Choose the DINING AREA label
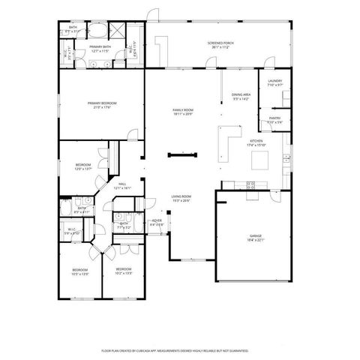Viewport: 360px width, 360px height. pyautogui.click(x=240, y=94)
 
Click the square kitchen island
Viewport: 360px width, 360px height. pyautogui.click(x=260, y=160)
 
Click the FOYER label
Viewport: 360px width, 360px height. pyautogui.click(x=157, y=221)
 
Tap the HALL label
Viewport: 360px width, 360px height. pyautogui.click(x=121, y=185)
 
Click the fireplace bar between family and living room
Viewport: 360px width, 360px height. pyautogui.click(x=183, y=155)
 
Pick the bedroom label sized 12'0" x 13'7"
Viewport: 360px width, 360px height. pyautogui.click(x=82, y=166)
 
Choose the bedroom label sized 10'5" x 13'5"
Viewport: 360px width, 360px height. pyautogui.click(x=79, y=271)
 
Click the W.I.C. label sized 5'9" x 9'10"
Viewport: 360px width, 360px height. pyautogui.click(x=70, y=231)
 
